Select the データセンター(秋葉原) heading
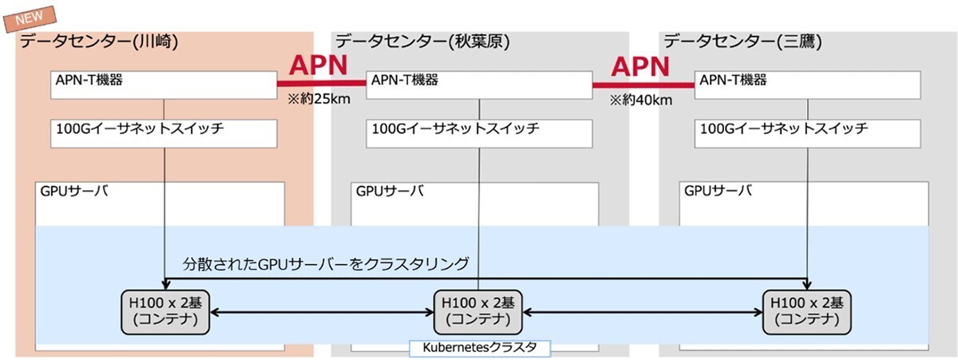pos(422,42)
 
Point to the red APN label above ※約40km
pos(640,65)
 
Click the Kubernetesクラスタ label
pos(479,348)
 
